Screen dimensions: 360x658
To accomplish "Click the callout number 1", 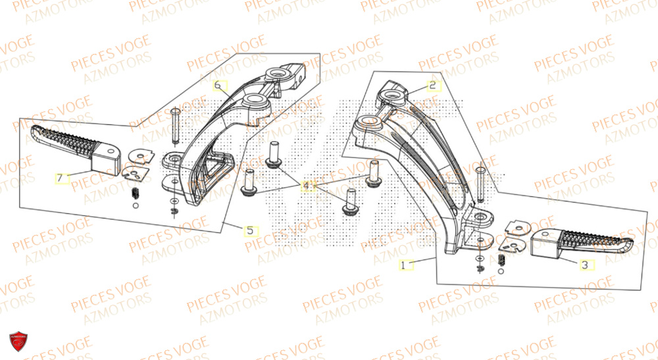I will click(404, 265).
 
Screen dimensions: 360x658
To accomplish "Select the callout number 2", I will click(432, 86).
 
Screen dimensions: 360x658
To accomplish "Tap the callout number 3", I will click(584, 265).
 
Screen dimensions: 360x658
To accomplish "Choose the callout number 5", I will click(250, 231).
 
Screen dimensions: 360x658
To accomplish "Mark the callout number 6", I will click(218, 86).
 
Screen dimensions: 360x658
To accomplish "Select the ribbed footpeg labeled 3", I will click(579, 245).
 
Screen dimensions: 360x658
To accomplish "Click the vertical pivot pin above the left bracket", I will click(175, 124).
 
